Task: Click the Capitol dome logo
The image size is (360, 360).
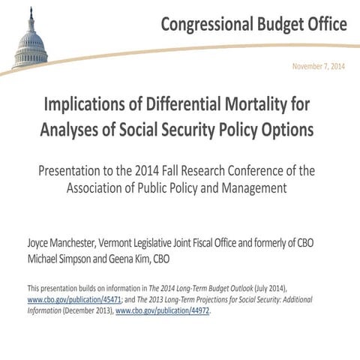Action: (31, 41)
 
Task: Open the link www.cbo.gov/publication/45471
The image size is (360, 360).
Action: (70, 299)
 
